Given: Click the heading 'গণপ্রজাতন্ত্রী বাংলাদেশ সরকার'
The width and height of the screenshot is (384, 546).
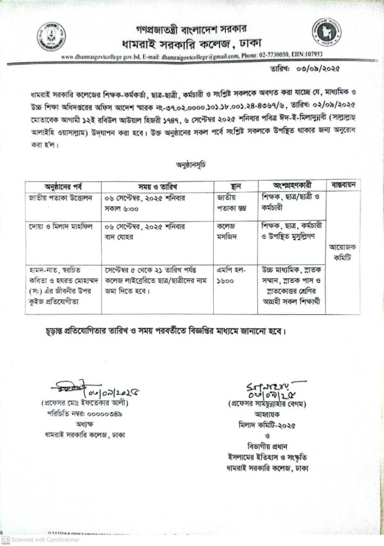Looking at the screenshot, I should click(191, 29).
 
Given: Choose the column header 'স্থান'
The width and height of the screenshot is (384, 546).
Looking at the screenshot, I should click(234, 185).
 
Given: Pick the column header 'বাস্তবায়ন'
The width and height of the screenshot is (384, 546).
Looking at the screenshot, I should click(344, 185).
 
